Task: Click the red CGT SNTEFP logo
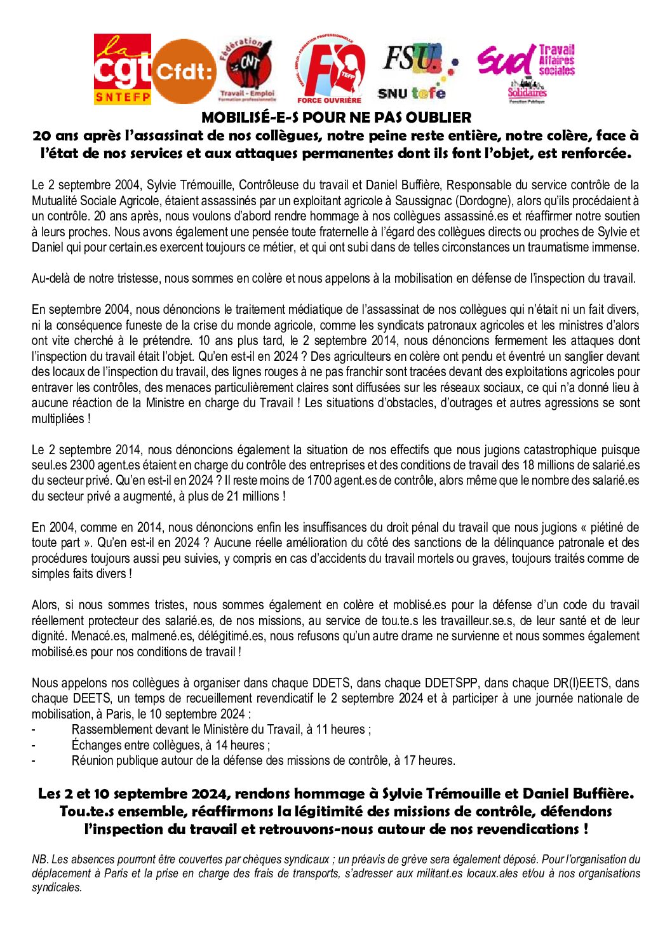coord(123,69)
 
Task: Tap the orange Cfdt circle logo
coord(184,71)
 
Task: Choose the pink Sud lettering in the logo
coord(506,62)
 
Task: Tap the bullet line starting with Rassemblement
coord(221,729)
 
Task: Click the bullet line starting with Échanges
coord(170,745)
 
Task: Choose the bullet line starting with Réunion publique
coord(263,760)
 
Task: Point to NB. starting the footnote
coord(39,860)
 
